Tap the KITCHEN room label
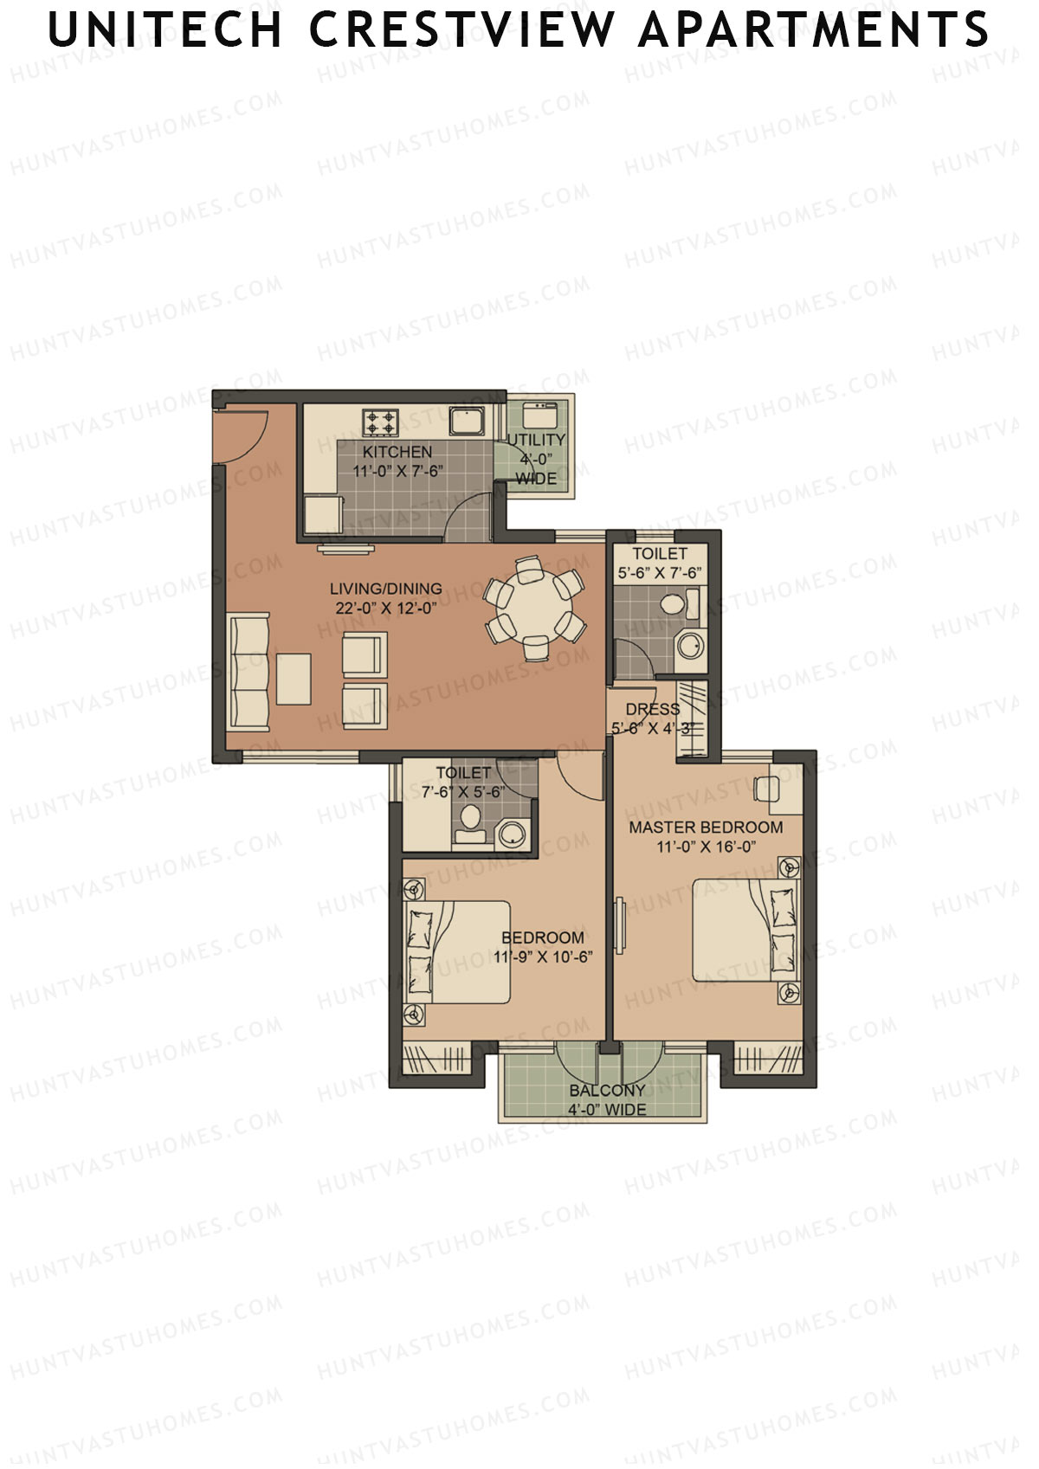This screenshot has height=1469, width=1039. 397,452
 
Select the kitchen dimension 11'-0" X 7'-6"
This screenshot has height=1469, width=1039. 397,472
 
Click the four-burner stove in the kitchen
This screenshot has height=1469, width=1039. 381,422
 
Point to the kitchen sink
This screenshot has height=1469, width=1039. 467,422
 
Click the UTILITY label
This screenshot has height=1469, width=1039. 536,440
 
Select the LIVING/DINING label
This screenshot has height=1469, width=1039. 385,589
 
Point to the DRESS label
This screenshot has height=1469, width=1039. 652,710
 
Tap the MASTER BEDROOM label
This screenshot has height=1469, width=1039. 706,828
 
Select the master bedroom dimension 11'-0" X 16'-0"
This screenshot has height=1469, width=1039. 706,847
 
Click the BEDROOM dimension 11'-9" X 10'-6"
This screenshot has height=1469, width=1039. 543,957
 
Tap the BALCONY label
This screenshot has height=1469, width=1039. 607,1092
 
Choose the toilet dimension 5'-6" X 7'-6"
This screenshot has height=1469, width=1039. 660,573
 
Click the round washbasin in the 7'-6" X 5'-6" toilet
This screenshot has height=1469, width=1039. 513,834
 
